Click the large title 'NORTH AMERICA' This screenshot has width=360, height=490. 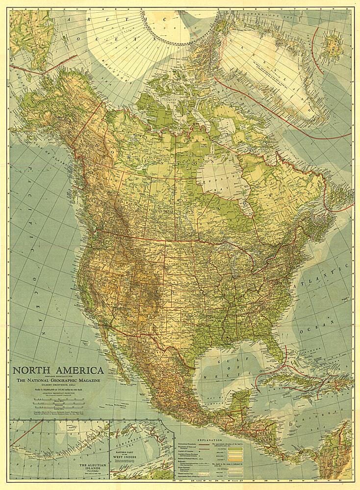[x=58, y=370]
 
